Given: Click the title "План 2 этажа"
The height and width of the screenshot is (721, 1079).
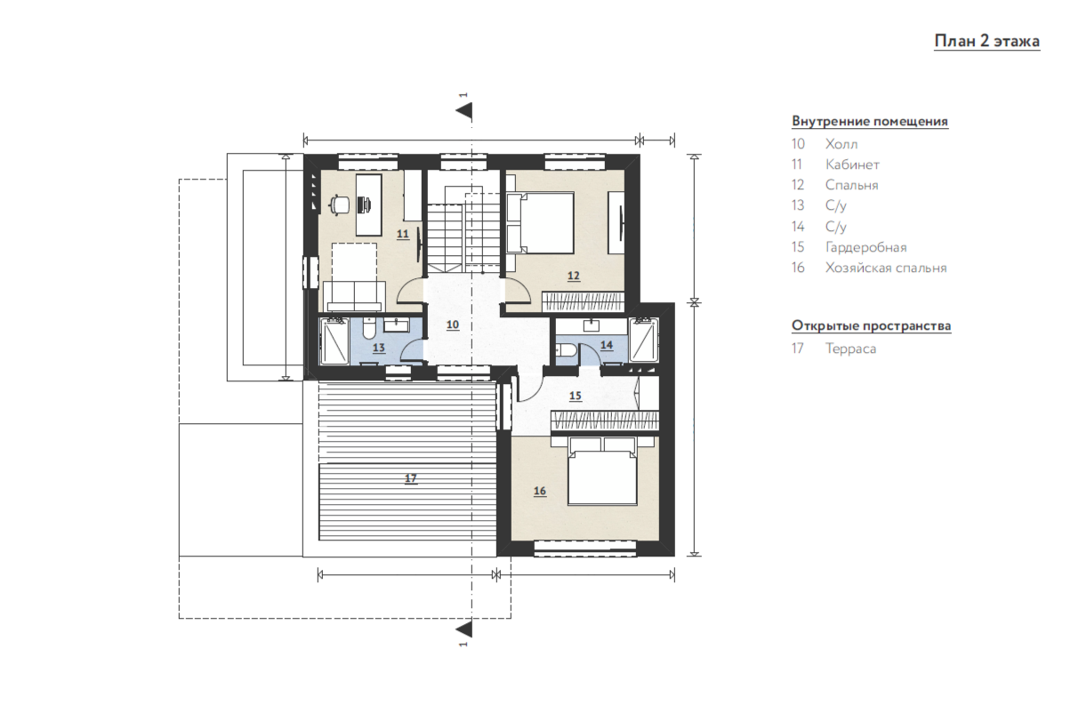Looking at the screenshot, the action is (987, 42).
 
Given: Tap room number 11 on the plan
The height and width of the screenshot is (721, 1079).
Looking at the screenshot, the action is (403, 234).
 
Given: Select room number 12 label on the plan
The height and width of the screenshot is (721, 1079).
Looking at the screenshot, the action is (574, 276).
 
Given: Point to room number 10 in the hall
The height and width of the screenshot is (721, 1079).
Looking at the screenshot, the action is (453, 324).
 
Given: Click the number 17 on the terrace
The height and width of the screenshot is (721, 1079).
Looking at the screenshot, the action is (410, 478).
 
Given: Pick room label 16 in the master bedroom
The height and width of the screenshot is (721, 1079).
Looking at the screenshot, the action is (540, 491).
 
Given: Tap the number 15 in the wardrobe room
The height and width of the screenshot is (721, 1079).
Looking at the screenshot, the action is (576, 396).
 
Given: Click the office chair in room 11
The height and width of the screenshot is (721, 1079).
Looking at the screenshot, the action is (340, 204).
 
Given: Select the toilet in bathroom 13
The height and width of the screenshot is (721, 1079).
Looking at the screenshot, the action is (369, 328).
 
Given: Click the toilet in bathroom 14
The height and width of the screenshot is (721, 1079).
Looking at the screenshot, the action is (565, 349).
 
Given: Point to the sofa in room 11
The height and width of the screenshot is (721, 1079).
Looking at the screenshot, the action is (354, 296).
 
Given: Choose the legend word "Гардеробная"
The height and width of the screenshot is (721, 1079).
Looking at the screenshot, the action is (866, 247).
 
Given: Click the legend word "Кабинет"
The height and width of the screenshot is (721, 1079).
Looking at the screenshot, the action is (852, 164).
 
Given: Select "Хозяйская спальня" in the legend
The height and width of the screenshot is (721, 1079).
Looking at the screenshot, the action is (886, 268).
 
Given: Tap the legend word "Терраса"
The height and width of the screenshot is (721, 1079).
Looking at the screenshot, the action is (850, 348).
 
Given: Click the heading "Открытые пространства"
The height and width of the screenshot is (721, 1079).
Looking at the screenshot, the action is (872, 326).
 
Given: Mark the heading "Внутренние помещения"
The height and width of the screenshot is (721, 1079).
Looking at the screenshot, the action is (870, 121).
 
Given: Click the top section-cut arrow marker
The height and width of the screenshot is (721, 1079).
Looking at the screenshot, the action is (463, 111).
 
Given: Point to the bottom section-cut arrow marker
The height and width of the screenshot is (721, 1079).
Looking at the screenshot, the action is (463, 629).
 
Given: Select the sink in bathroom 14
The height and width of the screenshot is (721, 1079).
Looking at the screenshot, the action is (591, 325).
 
